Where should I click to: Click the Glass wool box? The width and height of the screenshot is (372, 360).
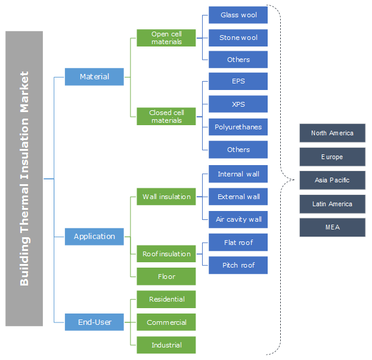click(x=238, y=15)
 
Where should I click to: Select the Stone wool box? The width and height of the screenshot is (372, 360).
click(x=238, y=38)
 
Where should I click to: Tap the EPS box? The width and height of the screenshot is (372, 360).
click(x=238, y=81)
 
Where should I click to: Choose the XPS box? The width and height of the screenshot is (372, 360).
click(x=238, y=104)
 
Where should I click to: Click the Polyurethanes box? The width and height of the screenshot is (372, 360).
click(x=238, y=127)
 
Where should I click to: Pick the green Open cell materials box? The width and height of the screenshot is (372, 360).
click(x=166, y=38)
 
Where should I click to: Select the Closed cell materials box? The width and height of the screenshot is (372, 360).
click(x=166, y=116)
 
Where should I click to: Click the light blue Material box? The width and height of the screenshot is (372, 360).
click(x=94, y=76)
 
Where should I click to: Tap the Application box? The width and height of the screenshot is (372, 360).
click(x=94, y=236)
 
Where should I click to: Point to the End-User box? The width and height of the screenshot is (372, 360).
click(x=94, y=322)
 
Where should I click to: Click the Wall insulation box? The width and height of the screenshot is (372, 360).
click(x=166, y=197)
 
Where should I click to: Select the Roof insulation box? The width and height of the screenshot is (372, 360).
click(x=166, y=254)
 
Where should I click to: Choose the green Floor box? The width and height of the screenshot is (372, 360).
click(x=166, y=277)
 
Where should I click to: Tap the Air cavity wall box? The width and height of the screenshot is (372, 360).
click(x=238, y=219)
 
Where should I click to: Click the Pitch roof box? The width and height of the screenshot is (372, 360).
click(x=238, y=265)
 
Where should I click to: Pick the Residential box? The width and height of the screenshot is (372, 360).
click(x=166, y=299)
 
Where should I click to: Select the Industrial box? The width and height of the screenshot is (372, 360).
click(x=166, y=345)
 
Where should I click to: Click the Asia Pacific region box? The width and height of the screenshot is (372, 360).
click(x=332, y=180)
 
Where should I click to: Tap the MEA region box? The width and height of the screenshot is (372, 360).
click(x=332, y=227)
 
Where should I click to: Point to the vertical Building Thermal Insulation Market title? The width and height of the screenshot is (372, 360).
click(x=24, y=178)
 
